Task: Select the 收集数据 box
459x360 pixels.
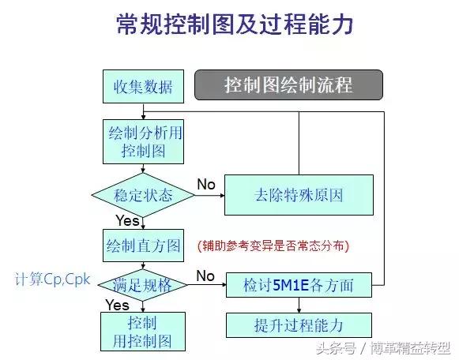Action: point(142,85)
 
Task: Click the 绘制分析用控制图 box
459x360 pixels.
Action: point(142,141)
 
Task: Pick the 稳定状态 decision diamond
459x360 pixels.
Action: point(143,194)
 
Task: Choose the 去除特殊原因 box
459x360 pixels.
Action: point(299,194)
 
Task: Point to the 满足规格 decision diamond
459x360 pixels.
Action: point(143,284)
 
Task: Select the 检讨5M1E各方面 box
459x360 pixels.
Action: point(299,285)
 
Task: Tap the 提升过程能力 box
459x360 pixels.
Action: point(299,324)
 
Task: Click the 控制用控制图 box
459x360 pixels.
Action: point(142,332)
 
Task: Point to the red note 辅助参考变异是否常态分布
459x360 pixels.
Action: point(273,246)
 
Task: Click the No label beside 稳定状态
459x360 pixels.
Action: point(206,185)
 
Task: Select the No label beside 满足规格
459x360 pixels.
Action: point(205,276)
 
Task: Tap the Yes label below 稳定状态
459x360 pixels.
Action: point(127,220)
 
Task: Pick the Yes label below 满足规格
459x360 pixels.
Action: point(117,305)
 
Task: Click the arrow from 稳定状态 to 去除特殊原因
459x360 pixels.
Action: point(209,194)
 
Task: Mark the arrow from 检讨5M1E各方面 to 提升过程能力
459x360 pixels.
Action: point(299,305)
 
